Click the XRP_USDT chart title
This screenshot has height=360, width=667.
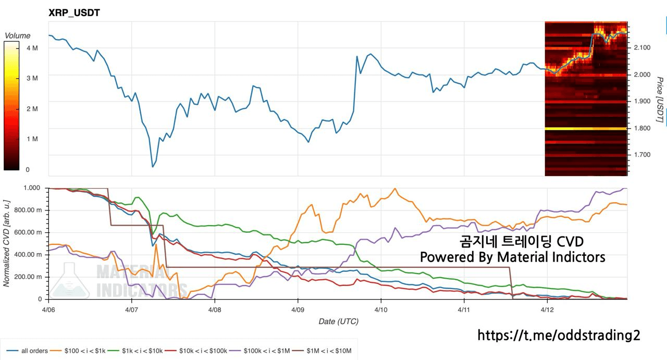pyautogui.click(x=74, y=13)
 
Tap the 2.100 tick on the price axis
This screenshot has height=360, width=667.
pyautogui.click(x=643, y=48)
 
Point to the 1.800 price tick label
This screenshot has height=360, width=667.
pyautogui.click(x=643, y=128)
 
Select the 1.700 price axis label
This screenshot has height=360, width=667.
pyautogui.click(x=643, y=155)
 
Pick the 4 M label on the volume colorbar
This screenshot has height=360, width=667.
pyautogui.click(x=32, y=48)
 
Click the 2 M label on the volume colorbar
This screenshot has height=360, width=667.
pyautogui.click(x=32, y=109)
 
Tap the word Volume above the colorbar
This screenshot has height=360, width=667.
pyautogui.click(x=17, y=35)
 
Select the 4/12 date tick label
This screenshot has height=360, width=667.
pyautogui.click(x=547, y=308)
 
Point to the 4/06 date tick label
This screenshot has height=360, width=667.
pyautogui.click(x=48, y=308)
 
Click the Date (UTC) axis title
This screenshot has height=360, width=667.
pyautogui.click(x=338, y=321)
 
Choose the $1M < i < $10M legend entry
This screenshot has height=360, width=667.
pyautogui.click(x=329, y=351)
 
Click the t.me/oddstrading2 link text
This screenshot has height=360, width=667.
pyautogui.click(x=559, y=335)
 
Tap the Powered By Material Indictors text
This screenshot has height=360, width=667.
pyautogui.click(x=513, y=257)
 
